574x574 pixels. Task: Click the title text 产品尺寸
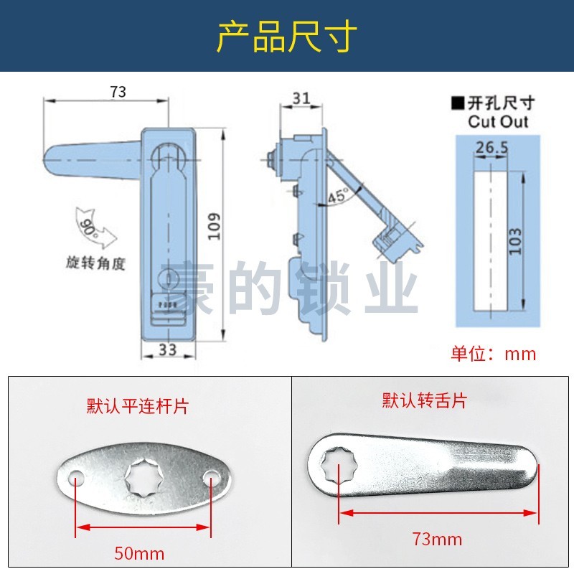pyautogui.click(x=286, y=37)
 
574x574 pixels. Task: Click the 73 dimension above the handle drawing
pyautogui.click(x=118, y=92)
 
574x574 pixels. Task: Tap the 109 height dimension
pyautogui.click(x=216, y=227)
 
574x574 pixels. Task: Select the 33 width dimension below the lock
pyautogui.click(x=166, y=349)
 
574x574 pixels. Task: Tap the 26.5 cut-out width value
pyautogui.click(x=491, y=147)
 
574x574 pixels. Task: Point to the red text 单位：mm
pyautogui.click(x=494, y=353)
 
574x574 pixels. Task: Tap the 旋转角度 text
pyautogui.click(x=95, y=263)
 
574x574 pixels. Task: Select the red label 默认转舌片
pyautogui.click(x=424, y=400)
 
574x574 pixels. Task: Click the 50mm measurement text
pyautogui.click(x=139, y=553)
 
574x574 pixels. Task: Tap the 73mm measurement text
pyautogui.click(x=437, y=538)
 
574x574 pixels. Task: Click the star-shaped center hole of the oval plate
pyautogui.click(x=143, y=476)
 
